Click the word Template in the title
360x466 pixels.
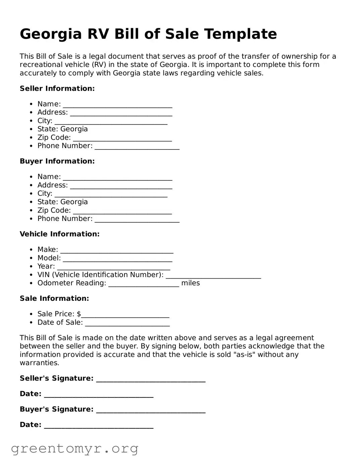pyautogui.click(x=240, y=34)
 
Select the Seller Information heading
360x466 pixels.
pyautogui.click(x=57, y=89)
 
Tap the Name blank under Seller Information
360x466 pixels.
pyautogui.click(x=117, y=105)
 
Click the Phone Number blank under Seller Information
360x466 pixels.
pyautogui.click(x=137, y=146)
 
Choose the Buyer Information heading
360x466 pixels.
pyautogui.click(x=57, y=161)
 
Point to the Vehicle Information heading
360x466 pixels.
pyautogui.click(x=59, y=234)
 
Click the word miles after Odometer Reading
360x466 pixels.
pyautogui.click(x=191, y=283)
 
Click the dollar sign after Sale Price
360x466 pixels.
pyautogui.click(x=79, y=314)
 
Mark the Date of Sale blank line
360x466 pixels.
pyautogui.click(x=127, y=323)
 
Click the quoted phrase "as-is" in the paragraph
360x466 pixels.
pyautogui.click(x=244, y=355)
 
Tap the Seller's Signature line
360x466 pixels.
pyautogui.click(x=151, y=379)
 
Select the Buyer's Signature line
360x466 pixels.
pyautogui.click(x=151, y=410)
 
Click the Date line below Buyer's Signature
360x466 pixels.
pyautogui.click(x=99, y=425)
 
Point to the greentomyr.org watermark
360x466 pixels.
pyautogui.click(x=74, y=448)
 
